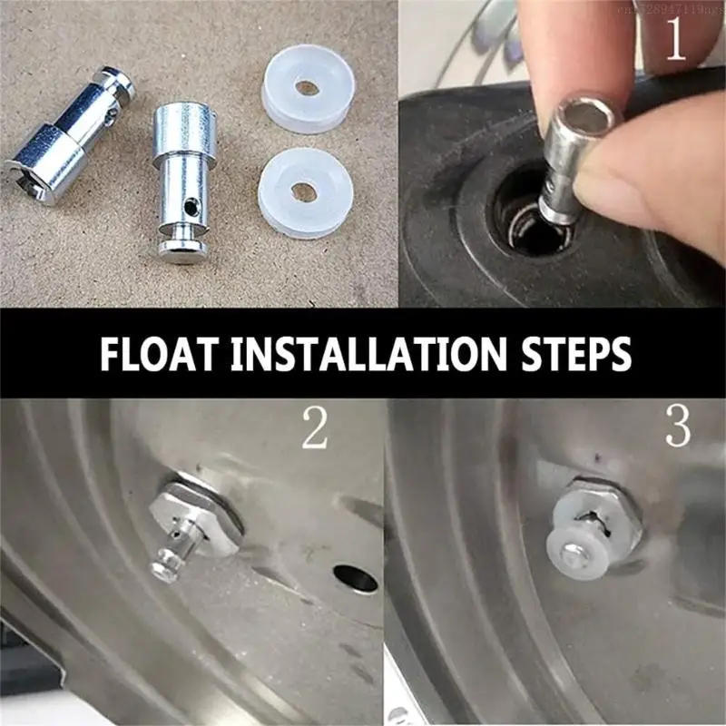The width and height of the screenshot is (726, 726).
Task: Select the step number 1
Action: tap(676, 41)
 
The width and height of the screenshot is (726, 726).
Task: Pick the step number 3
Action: tap(678, 427)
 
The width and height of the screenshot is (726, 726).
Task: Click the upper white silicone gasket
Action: tap(307, 90)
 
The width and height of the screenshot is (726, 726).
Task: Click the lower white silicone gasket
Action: tap(303, 192)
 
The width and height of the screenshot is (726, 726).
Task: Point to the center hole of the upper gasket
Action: tap(307, 88)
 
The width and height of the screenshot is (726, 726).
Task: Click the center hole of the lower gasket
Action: tap(304, 192)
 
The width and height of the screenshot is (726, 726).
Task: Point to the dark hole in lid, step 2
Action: tap(355, 575)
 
